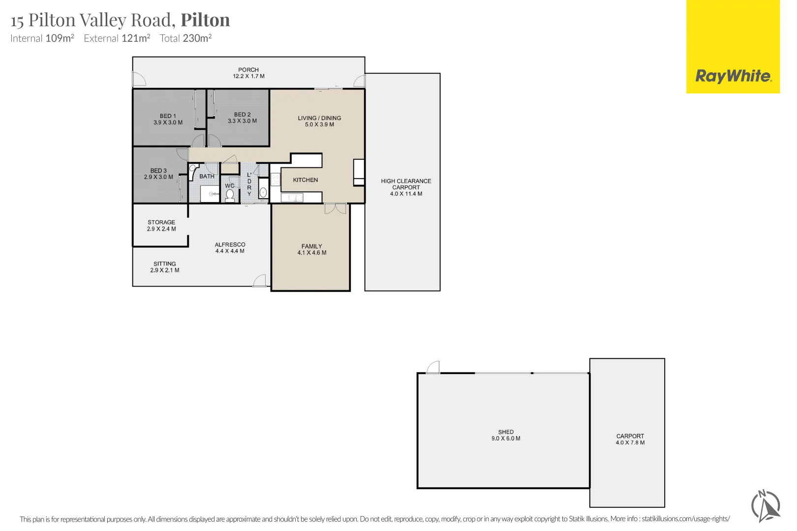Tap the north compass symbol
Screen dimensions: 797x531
click(766, 506)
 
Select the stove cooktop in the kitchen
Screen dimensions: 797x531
click(276, 179)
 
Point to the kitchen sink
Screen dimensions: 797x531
click(292, 197)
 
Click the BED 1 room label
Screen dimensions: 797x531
click(168, 116)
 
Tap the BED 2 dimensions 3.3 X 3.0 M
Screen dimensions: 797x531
click(243, 121)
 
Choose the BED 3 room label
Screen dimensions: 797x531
click(158, 171)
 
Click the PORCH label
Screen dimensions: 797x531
click(248, 70)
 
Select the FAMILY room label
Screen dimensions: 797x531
click(312, 246)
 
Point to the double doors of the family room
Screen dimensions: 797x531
click(335, 208)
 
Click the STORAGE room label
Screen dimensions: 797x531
click(161, 222)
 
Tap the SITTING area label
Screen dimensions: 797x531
click(165, 264)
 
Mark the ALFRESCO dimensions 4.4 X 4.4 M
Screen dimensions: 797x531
click(230, 251)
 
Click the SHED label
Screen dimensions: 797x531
click(506, 432)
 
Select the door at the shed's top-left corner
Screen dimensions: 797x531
click(433, 367)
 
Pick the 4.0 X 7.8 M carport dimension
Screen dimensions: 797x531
click(630, 443)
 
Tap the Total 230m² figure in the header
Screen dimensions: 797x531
click(186, 38)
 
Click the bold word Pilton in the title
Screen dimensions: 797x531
click(205, 20)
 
